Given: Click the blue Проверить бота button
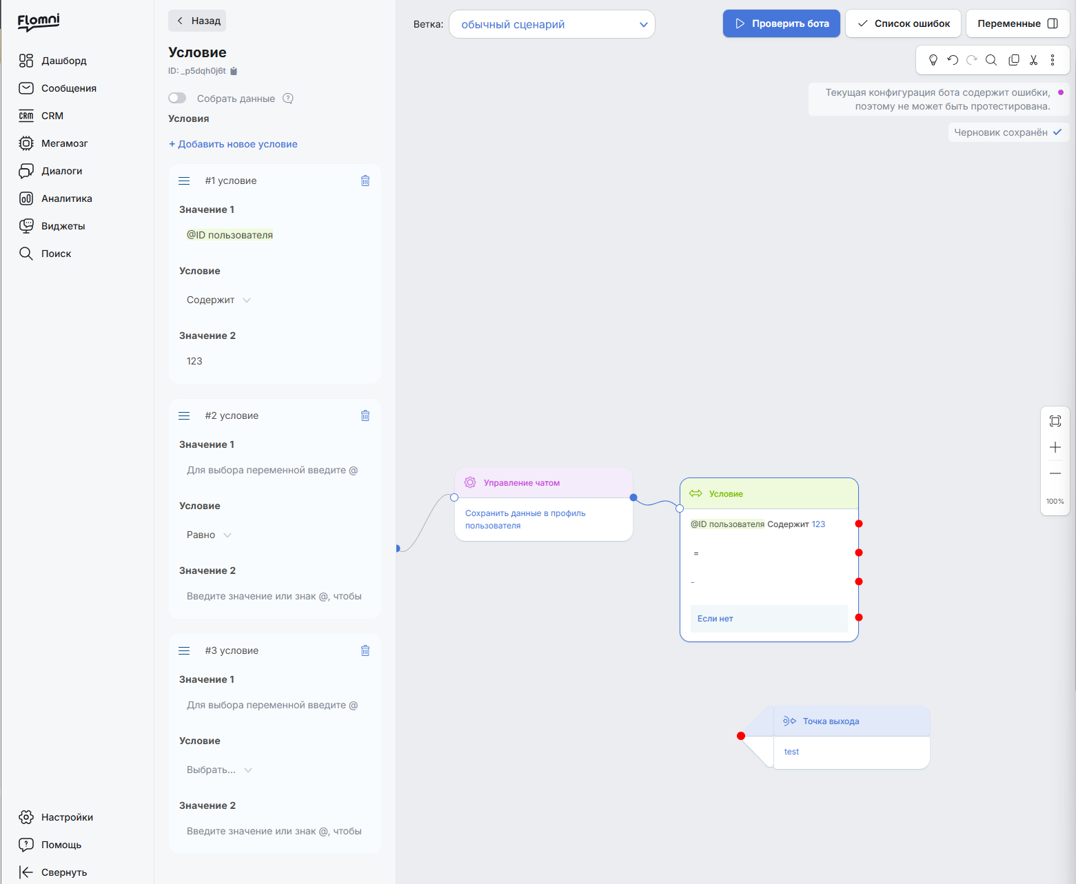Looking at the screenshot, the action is click(781, 23).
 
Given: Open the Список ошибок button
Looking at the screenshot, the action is click(903, 23).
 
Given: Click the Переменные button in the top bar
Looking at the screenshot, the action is click(1017, 23).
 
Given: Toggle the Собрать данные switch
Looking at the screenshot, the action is click(177, 98).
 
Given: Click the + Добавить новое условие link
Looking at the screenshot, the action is click(233, 144).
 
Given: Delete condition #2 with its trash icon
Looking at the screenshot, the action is click(365, 415).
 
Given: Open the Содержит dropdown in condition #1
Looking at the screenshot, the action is click(219, 300).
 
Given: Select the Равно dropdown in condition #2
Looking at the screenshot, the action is click(209, 535).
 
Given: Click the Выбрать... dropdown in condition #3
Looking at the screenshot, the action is click(219, 770).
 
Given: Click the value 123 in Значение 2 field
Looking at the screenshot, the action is click(194, 361).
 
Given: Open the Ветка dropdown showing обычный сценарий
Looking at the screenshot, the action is click(552, 24).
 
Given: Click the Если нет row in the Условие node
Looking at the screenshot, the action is click(769, 618).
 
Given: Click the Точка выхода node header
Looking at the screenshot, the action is click(851, 721).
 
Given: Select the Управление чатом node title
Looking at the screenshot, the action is click(521, 482).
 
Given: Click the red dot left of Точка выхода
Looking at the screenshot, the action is click(741, 736).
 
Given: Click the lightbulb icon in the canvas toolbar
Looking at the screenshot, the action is click(933, 60).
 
